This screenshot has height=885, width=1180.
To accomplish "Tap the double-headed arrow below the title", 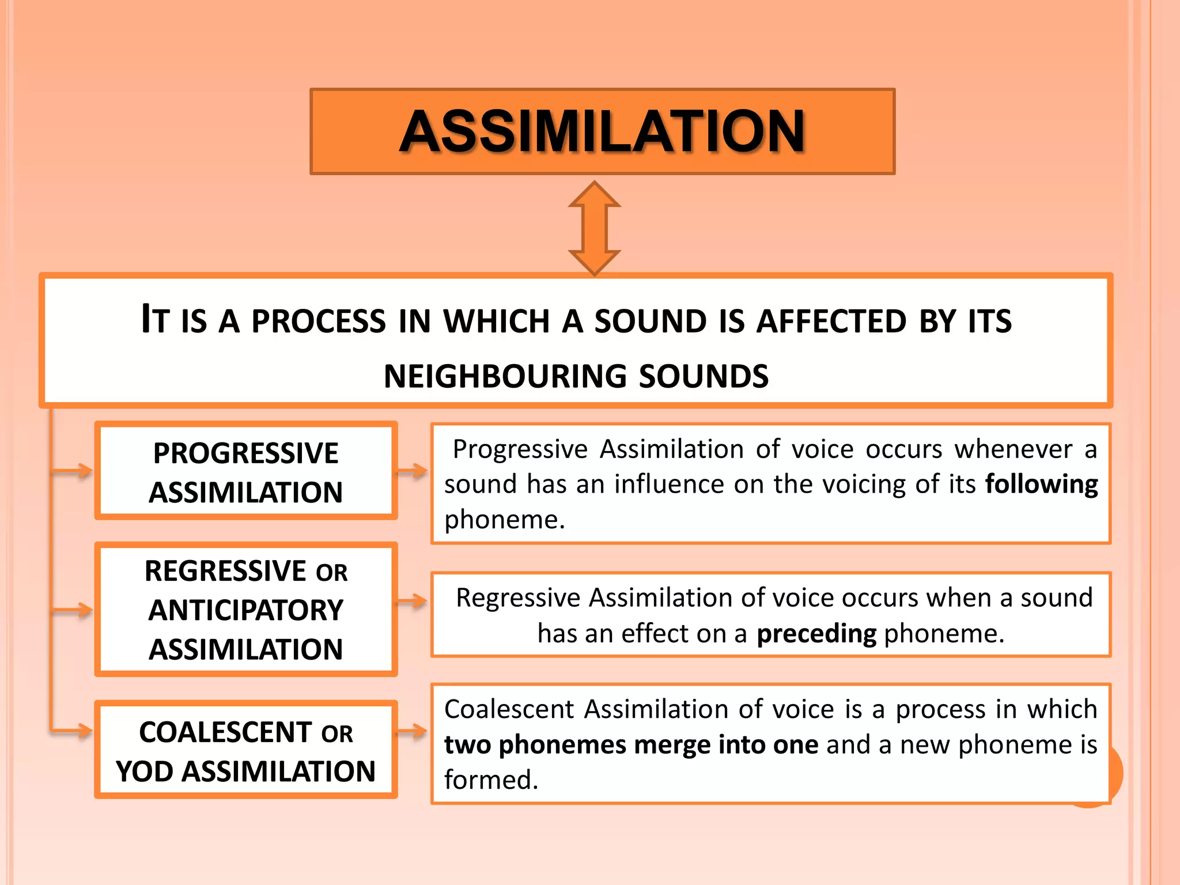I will (594, 228).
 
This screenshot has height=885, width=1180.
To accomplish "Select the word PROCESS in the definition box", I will (318, 321).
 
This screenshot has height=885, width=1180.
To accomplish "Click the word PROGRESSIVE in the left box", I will (245, 453).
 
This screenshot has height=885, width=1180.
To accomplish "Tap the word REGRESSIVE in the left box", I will (225, 571).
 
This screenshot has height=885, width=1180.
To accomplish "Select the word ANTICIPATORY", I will (245, 610).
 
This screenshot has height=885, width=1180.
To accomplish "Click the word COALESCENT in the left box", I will (225, 732).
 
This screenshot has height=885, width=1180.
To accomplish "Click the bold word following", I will (1041, 484).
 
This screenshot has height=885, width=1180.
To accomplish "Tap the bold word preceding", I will (816, 633).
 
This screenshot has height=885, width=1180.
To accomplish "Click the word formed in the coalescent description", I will (490, 780).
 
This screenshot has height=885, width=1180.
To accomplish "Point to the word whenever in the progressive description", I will (1013, 449).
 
